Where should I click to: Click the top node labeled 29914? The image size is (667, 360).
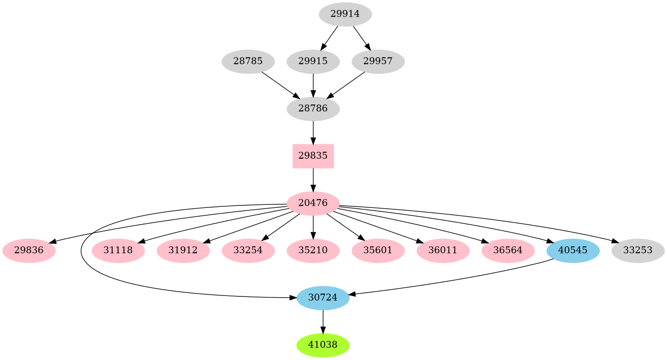pyautogui.click(x=345, y=14)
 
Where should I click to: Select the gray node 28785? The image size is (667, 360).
pyautogui.click(x=248, y=62)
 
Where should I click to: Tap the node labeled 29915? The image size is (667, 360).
pyautogui.click(x=313, y=62)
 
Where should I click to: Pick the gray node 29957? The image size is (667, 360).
pyautogui.click(x=378, y=62)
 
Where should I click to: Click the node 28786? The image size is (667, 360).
pyautogui.click(x=313, y=108)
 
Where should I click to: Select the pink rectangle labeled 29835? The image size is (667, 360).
pyautogui.click(x=313, y=156)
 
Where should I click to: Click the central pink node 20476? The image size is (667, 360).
pyautogui.click(x=313, y=203)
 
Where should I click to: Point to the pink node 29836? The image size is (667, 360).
pyautogui.click(x=29, y=250)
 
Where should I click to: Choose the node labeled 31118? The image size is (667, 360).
pyautogui.click(x=118, y=250)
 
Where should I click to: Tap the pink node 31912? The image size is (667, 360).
pyautogui.click(x=183, y=250)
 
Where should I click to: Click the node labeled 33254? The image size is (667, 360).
pyautogui.click(x=248, y=250)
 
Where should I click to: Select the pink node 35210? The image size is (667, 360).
pyautogui.click(x=313, y=250)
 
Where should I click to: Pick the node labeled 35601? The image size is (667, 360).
pyautogui.click(x=378, y=250)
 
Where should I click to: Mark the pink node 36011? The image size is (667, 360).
pyautogui.click(x=443, y=250)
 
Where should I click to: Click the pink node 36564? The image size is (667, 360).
pyautogui.click(x=508, y=250)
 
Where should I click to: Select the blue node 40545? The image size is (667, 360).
pyautogui.click(x=573, y=250)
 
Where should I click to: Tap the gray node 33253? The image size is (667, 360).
pyautogui.click(x=638, y=250)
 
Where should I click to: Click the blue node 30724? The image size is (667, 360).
pyautogui.click(x=323, y=297)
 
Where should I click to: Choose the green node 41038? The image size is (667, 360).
pyautogui.click(x=323, y=345)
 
